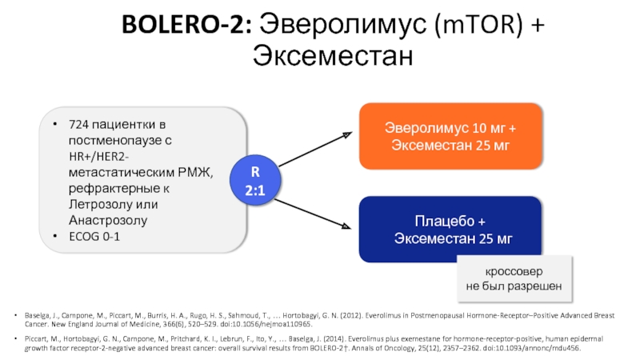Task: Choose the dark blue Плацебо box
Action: (450, 230)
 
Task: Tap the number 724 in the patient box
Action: (80, 126)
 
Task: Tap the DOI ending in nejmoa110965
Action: (273, 326)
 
